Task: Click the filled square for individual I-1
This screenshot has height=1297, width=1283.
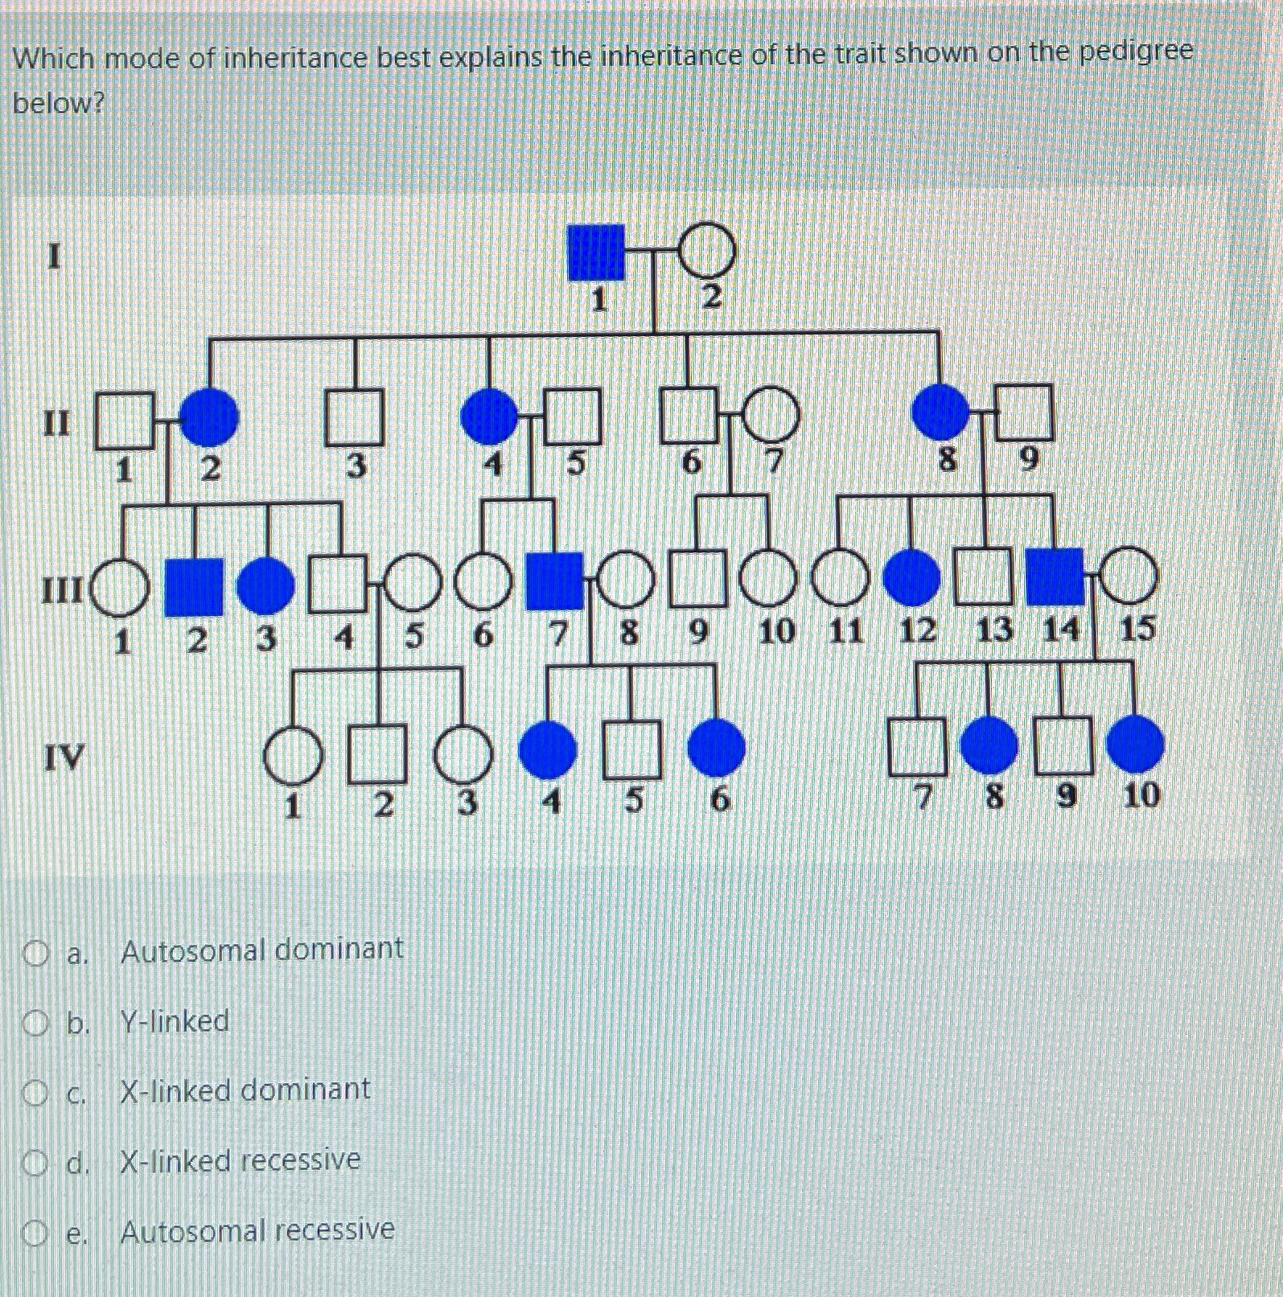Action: (596, 252)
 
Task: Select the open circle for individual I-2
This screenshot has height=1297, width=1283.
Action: (708, 250)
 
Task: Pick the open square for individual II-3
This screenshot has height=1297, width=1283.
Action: (354, 417)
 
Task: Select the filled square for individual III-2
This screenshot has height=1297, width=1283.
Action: (194, 586)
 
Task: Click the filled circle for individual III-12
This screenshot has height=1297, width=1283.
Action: (912, 577)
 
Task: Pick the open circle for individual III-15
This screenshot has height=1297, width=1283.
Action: (1129, 577)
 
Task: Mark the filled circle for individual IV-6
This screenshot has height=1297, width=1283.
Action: (717, 748)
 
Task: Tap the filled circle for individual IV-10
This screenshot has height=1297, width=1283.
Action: (1135, 745)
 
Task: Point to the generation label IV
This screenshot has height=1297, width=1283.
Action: (64, 757)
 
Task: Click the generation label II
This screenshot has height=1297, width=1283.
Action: (56, 421)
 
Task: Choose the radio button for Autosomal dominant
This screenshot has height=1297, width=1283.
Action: (35, 954)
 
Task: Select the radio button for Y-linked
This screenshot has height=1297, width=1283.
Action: (35, 1024)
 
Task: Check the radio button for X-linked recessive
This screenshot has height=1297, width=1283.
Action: (35, 1163)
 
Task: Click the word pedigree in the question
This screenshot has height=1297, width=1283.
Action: (1136, 53)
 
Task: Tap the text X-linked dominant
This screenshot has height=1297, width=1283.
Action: (245, 1090)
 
